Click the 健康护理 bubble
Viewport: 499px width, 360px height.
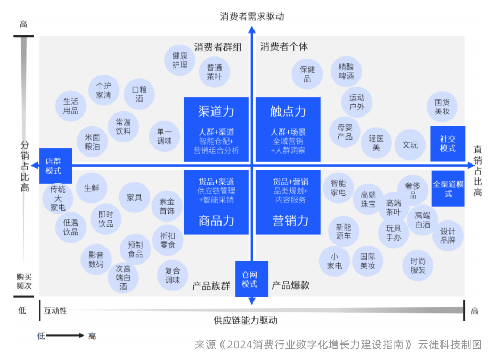[x=179, y=60]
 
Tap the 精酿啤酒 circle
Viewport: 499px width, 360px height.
[x=346, y=71]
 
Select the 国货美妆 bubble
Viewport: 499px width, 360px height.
[x=442, y=107]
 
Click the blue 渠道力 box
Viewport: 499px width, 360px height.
[x=216, y=129]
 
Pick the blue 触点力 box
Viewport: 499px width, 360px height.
[x=288, y=129]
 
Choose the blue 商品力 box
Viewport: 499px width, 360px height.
[x=216, y=202]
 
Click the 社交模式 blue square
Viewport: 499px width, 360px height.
[x=448, y=143]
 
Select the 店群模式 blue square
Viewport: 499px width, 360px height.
[x=53, y=166]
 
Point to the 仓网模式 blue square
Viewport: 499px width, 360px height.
[x=251, y=279]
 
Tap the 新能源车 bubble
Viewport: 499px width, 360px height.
[x=343, y=231]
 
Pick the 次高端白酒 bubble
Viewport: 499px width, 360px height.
[x=123, y=277]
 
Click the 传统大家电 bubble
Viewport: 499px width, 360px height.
[x=58, y=199]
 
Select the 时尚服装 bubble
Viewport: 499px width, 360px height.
[x=418, y=265]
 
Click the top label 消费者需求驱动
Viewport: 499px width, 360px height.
[x=252, y=17]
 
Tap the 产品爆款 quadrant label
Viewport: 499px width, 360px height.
[x=291, y=285]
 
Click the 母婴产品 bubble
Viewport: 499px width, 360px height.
[x=345, y=132]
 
